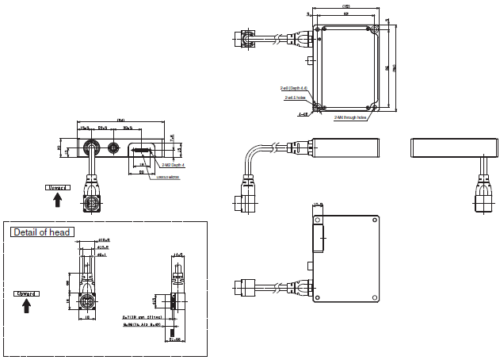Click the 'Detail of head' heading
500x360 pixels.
42,232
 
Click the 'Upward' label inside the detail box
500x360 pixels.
27,293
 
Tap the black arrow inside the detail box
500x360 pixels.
27,306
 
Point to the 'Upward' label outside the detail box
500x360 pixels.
57,188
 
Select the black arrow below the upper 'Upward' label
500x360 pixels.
57,201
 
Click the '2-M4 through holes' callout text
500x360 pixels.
350,117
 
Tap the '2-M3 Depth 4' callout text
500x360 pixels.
174,165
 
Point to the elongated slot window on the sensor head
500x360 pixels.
143,148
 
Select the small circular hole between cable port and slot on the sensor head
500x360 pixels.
114,147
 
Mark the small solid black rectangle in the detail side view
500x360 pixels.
173,303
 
